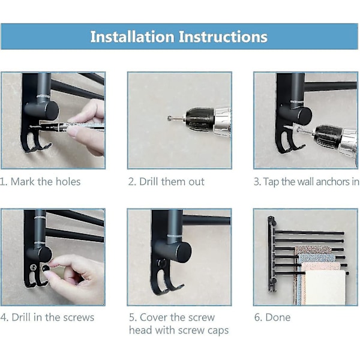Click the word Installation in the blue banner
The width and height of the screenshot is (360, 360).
pyautogui.click(x=132, y=37)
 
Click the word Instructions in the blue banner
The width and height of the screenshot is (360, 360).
pyautogui.click(x=223, y=37)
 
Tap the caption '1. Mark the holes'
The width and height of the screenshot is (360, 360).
pyautogui.click(x=40, y=182)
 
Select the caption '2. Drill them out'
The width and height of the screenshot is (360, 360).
pyautogui.click(x=166, y=182)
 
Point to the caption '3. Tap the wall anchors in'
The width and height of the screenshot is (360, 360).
pyautogui.click(x=306, y=182)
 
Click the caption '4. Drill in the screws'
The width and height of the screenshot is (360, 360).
pyautogui.click(x=47, y=317)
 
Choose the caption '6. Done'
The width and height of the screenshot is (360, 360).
pyautogui.click(x=272, y=317)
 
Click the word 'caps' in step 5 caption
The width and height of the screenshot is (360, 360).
pyautogui.click(x=218, y=331)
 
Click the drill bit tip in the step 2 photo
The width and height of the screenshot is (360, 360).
pyautogui.click(x=169, y=118)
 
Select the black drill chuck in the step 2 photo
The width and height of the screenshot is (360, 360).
pyautogui.click(x=200, y=119)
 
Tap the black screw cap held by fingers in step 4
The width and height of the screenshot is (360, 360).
pyautogui.click(x=46, y=268)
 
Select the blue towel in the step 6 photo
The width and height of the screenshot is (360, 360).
pyautogui.click(x=316, y=258)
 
